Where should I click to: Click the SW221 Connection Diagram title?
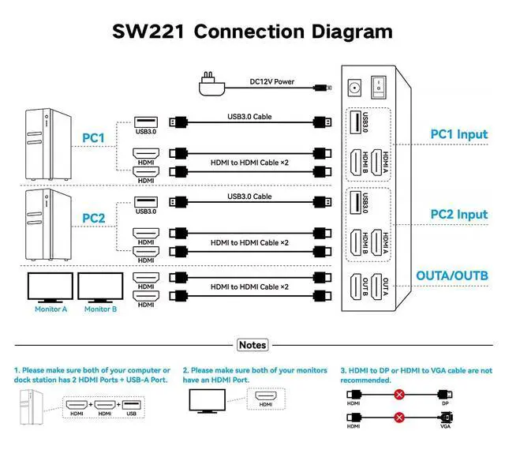click(252, 32)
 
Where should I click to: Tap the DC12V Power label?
click(271, 81)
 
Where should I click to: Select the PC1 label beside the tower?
click(94, 138)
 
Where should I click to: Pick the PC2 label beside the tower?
click(94, 217)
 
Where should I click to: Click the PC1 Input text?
click(458, 134)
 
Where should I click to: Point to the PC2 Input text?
click(458, 214)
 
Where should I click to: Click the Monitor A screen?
click(50, 287)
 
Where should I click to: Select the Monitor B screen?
click(100, 287)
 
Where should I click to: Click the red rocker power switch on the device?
click(382, 87)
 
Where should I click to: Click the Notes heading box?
click(252, 345)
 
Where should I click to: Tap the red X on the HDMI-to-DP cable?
click(400, 393)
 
